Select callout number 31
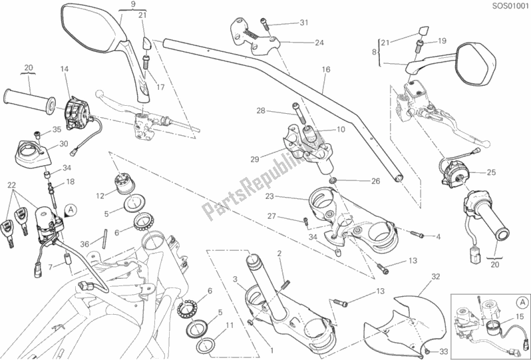pyautogui.click(x=304, y=24)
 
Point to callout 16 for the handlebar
pyautogui.click(x=325, y=69)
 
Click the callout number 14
pyautogui.click(x=65, y=69)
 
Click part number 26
pyautogui.click(x=375, y=180)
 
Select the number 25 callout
pyautogui.click(x=491, y=173)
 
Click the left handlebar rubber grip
pyautogui.click(x=30, y=98)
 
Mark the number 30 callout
pyautogui.click(x=63, y=143)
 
